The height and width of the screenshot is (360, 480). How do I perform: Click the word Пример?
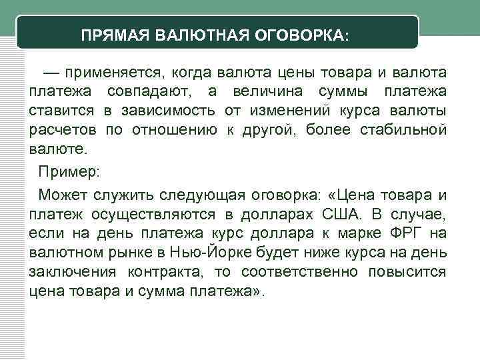69,172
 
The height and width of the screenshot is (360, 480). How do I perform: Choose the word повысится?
411,272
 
